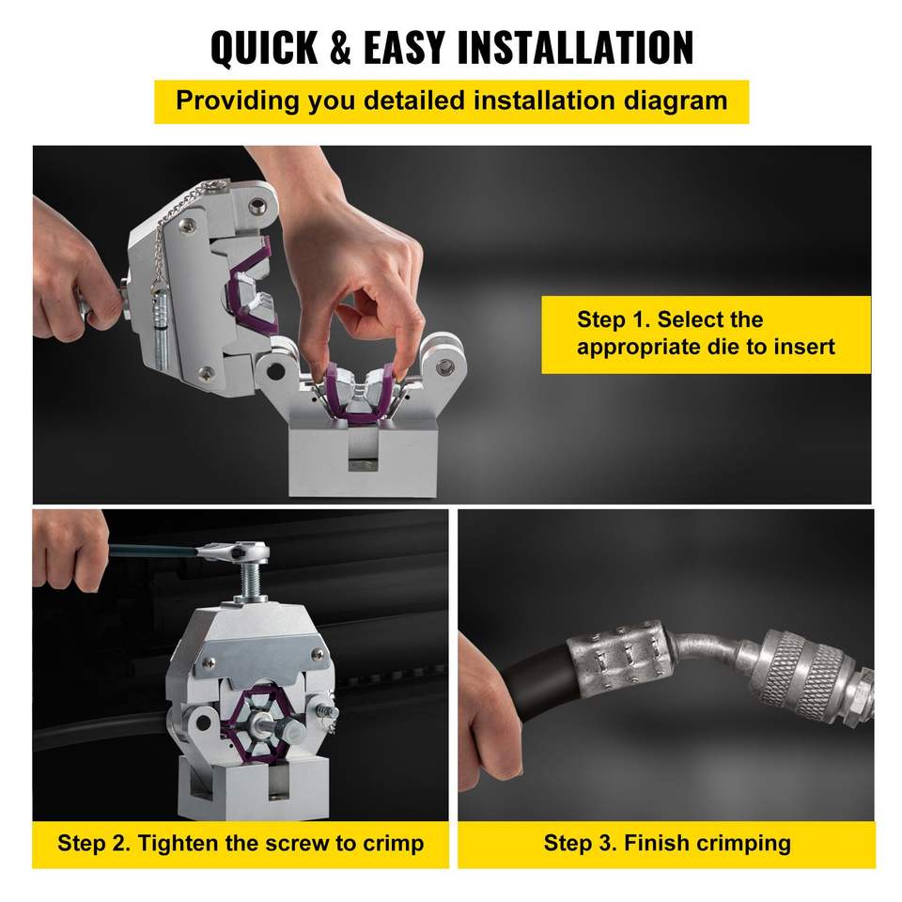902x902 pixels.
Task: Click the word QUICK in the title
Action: tap(265, 47)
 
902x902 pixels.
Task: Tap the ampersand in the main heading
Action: tap(340, 47)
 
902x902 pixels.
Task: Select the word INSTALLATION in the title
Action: tap(575, 47)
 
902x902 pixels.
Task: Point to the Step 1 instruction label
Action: tap(706, 334)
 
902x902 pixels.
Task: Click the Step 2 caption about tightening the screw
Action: tap(241, 844)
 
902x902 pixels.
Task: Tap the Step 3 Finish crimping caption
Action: tap(667, 844)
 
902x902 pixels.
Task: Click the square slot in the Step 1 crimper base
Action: tap(363, 450)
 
